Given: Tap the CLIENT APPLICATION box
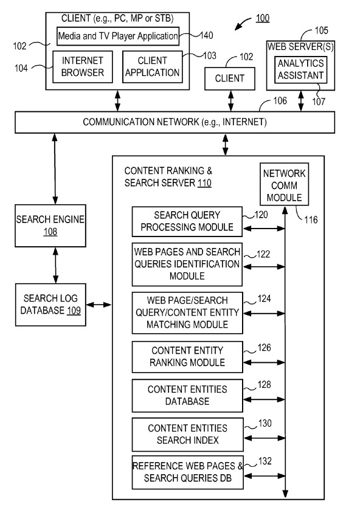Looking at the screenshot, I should coord(152,66).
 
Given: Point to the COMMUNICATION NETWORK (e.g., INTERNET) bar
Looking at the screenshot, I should coord(175,122).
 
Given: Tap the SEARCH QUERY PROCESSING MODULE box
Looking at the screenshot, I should coord(187,222).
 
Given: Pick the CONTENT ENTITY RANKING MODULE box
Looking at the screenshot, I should coord(187,357).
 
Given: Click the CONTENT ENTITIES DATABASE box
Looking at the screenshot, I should coord(187,395).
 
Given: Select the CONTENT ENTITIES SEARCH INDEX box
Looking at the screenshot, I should coord(187,434).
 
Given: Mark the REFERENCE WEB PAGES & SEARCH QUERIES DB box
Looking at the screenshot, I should coord(187,472).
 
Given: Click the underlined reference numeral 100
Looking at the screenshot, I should coord(262,18).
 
